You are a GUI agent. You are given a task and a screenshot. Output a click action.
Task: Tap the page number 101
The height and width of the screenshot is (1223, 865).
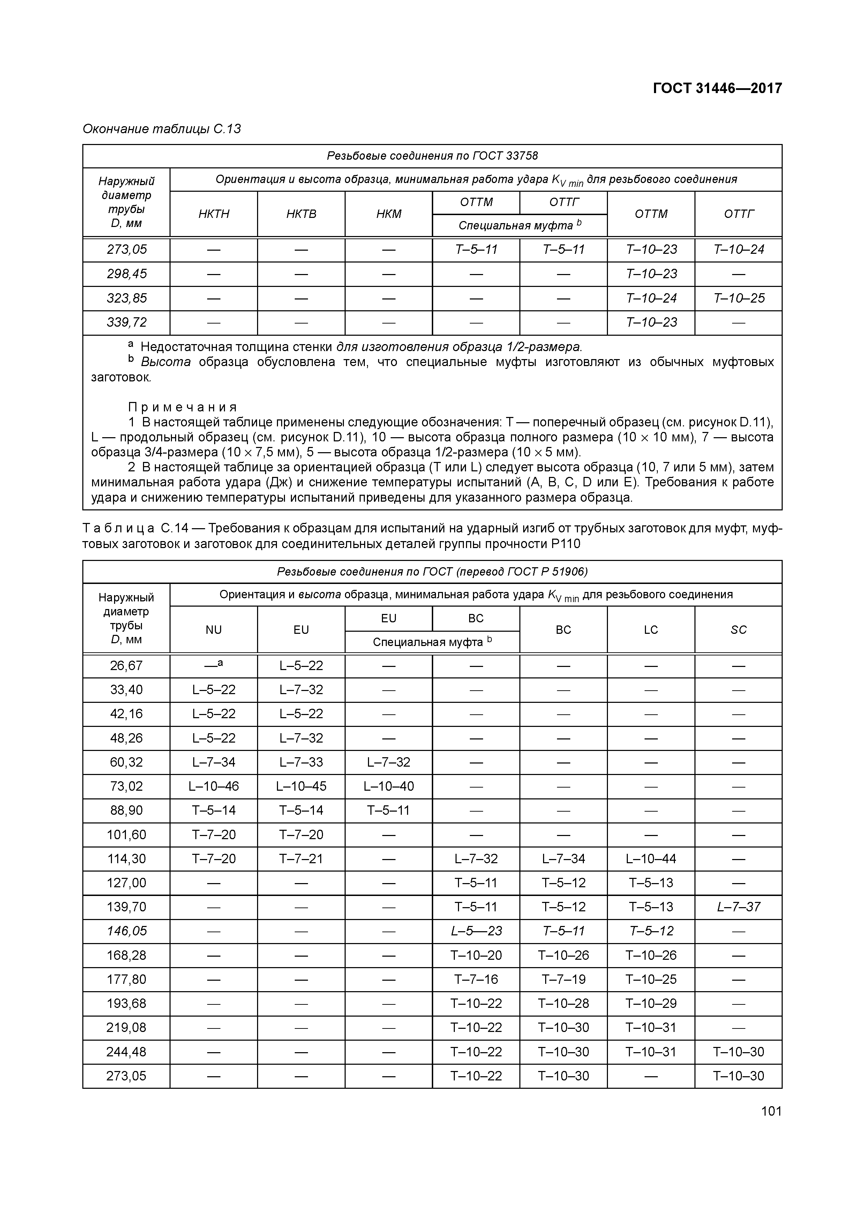pos(771,1111)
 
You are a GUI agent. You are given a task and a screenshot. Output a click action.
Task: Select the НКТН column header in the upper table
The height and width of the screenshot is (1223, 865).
pos(214,214)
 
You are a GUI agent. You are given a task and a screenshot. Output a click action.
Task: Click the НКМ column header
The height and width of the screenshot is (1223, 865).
pos(389,214)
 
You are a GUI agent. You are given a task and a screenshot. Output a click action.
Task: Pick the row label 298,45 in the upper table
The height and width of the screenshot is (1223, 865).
pos(126,274)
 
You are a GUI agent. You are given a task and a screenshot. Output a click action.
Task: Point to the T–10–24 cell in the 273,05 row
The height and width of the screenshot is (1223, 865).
pos(739,249)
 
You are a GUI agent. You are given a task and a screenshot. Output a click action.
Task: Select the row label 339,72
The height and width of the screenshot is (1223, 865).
pos(126,322)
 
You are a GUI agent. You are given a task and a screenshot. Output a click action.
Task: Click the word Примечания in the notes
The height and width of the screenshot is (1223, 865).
pos(182,408)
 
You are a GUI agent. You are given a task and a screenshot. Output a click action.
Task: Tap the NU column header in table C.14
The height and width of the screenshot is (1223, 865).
pos(214,630)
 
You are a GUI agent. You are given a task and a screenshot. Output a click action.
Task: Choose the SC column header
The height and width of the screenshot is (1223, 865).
pos(739,630)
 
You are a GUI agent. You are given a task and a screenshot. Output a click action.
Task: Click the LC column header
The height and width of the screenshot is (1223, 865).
pos(651,630)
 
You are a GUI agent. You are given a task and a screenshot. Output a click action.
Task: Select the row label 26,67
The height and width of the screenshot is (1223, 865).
pos(126,665)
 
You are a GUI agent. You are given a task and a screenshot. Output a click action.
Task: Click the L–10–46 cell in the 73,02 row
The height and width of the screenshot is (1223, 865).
pos(214,786)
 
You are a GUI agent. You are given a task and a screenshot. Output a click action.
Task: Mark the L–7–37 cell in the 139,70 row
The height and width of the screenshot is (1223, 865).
pos(739,906)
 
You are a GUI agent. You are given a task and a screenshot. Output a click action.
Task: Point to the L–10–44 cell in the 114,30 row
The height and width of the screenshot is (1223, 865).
pos(651,859)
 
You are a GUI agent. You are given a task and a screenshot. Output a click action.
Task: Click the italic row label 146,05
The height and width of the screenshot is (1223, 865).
pos(126,931)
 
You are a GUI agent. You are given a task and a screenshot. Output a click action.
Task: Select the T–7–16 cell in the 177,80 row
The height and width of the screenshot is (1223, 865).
pos(476,979)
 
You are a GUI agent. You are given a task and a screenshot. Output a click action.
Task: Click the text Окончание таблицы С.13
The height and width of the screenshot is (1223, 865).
pos(161,129)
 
